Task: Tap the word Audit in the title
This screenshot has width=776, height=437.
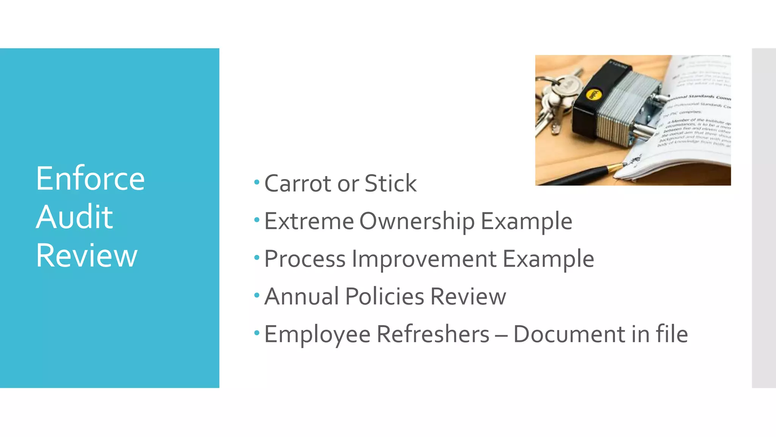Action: pyautogui.click(x=75, y=217)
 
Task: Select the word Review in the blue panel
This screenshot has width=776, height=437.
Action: pyautogui.click(x=86, y=255)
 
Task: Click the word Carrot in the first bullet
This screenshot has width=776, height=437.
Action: pyautogui.click(x=298, y=184)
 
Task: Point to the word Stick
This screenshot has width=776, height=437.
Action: pyautogui.click(x=390, y=184)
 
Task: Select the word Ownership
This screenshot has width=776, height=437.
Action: pyautogui.click(x=417, y=221)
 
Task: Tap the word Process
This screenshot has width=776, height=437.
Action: pyautogui.click(x=305, y=259)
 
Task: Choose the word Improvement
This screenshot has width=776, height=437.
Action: pyautogui.click(x=424, y=259)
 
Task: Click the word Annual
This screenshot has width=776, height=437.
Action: pyautogui.click(x=302, y=296)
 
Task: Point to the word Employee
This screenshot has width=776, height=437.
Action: pyautogui.click(x=317, y=334)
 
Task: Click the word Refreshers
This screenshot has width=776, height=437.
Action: pyautogui.click(x=433, y=334)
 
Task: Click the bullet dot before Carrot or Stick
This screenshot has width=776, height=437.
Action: pyautogui.click(x=257, y=182)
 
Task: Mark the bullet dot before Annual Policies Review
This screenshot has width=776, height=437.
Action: pyautogui.click(x=257, y=295)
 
